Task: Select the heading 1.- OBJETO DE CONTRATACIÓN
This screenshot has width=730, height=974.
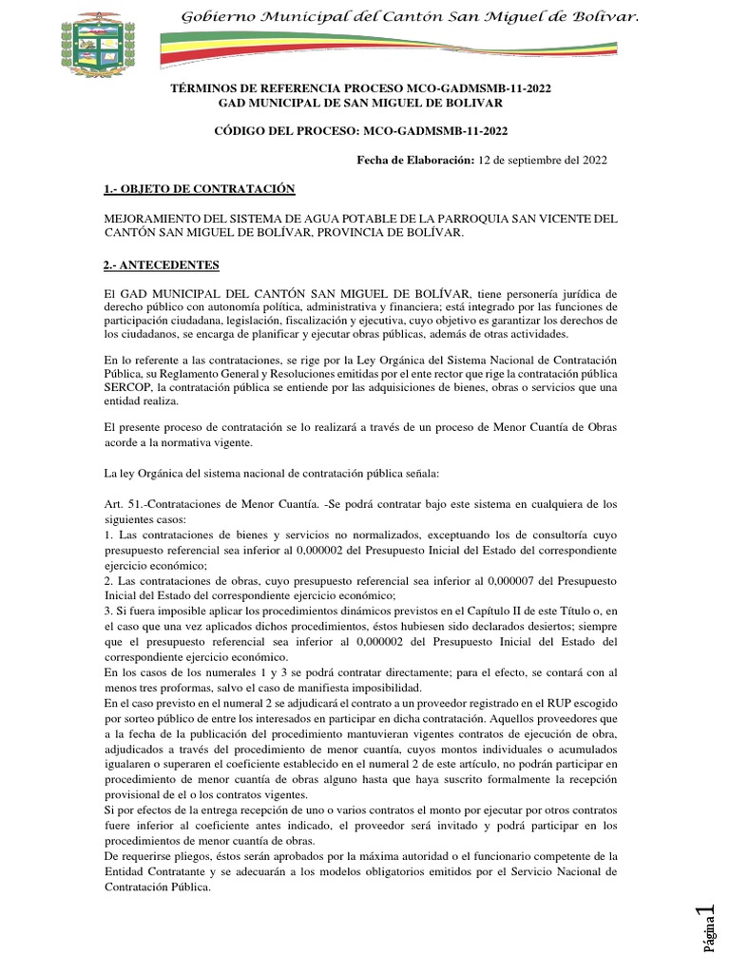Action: [200, 189]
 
